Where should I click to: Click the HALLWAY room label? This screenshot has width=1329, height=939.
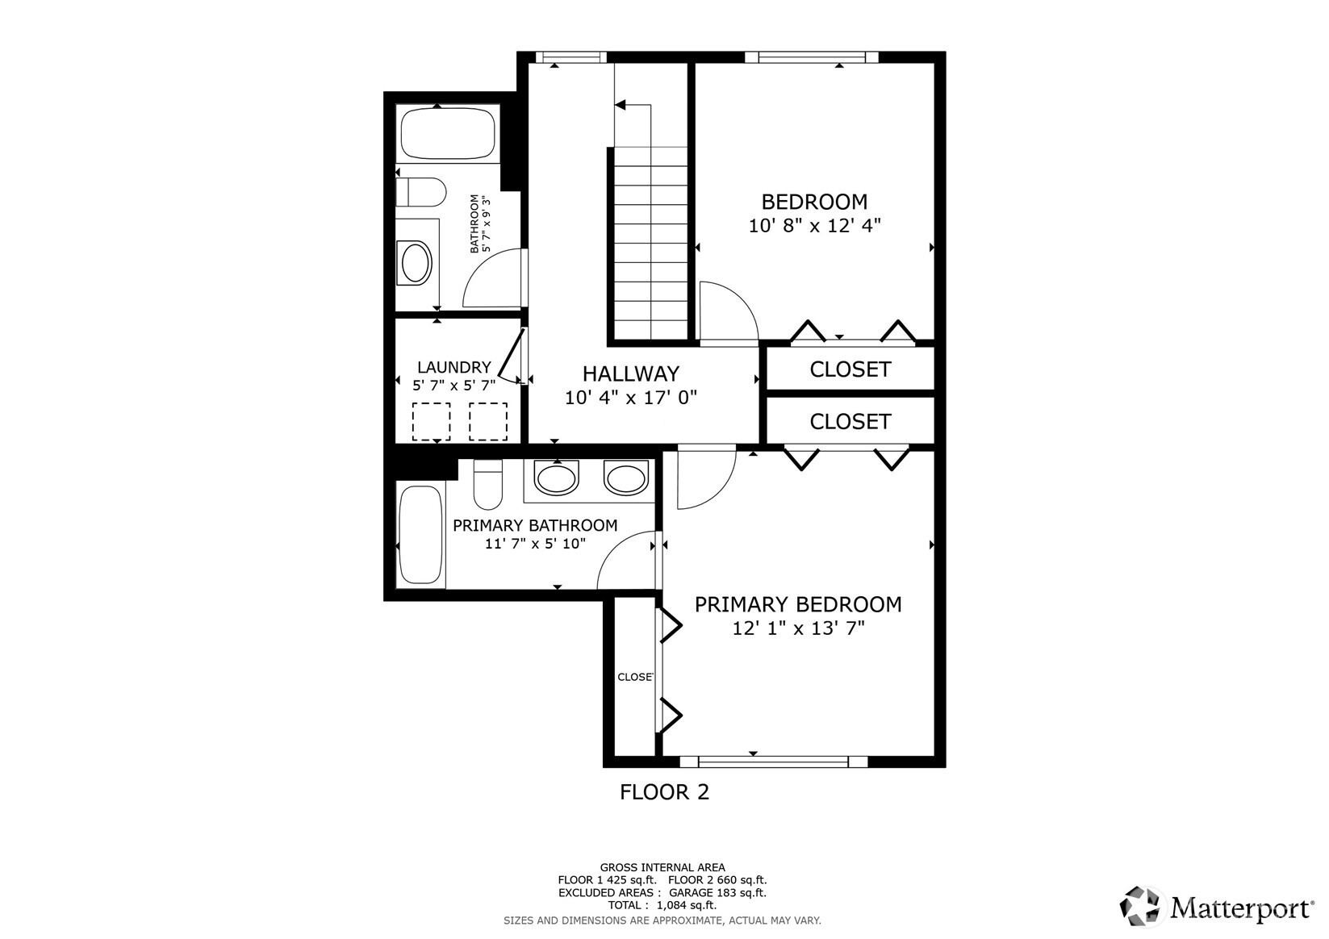pos(631,374)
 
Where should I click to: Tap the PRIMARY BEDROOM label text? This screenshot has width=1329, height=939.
pos(798,604)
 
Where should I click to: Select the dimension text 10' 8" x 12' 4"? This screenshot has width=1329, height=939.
pos(815,226)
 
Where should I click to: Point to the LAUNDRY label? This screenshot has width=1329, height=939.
pos(453,368)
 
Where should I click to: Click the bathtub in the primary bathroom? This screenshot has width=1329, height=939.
pos(420,535)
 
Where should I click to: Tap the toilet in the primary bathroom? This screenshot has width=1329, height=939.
pos(487,485)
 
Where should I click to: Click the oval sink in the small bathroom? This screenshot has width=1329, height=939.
pos(416,262)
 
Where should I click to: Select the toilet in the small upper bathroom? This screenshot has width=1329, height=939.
pos(420,192)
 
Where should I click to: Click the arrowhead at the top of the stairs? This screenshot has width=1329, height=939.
pos(621,105)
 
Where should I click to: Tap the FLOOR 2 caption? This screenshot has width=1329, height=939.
pos(665,792)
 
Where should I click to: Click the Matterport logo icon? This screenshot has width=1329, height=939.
pos(1139,907)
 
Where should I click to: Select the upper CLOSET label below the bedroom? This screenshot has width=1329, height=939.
pos(850,369)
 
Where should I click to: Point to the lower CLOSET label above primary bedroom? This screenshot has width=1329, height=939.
pos(850,422)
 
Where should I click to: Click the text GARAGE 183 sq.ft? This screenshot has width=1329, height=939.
pos(717,893)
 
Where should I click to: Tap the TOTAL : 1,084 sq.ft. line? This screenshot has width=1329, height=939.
pos(662,905)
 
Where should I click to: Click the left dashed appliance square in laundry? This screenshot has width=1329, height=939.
pos(432,422)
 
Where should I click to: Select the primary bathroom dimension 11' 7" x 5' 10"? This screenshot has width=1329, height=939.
pos(535,544)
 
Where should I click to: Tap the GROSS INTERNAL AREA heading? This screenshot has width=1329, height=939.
pos(662,867)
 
